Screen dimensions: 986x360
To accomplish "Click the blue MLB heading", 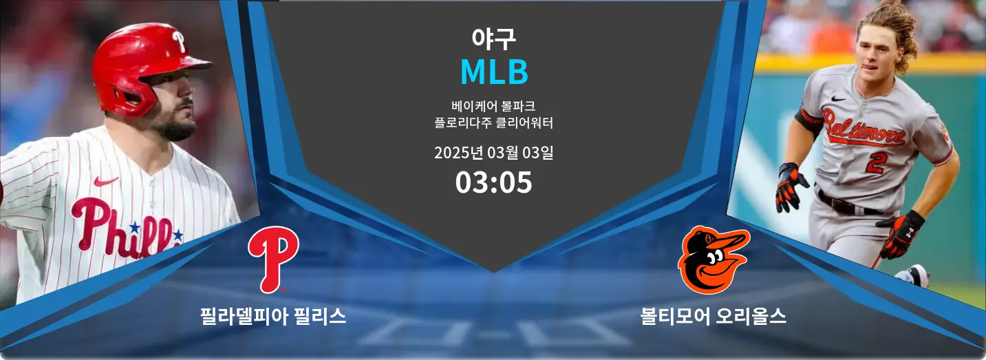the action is pyautogui.click(x=494, y=72).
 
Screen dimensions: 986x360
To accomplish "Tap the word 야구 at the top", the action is pyautogui.click(x=493, y=39).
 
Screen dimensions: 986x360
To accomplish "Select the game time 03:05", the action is pyautogui.click(x=493, y=182).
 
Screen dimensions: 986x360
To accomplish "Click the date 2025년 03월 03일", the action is pyautogui.click(x=493, y=153).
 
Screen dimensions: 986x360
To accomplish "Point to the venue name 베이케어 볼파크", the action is pyautogui.click(x=493, y=106).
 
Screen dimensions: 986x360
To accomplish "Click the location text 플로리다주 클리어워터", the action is pyautogui.click(x=493, y=123).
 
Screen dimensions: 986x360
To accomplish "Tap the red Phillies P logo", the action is pyautogui.click(x=273, y=260).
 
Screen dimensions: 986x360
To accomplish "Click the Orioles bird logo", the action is pyautogui.click(x=714, y=260).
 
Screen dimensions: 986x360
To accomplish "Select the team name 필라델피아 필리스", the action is pyautogui.click(x=273, y=317).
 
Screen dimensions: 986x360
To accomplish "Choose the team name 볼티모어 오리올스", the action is pyautogui.click(x=713, y=317).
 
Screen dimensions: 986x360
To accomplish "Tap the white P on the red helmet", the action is pyautogui.click(x=179, y=41).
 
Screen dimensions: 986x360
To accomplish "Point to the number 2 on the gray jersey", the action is pyautogui.click(x=875, y=162).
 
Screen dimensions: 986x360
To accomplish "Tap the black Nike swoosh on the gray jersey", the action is pyautogui.click(x=839, y=99).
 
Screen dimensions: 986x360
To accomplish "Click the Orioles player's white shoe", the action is pyautogui.click(x=912, y=276).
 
